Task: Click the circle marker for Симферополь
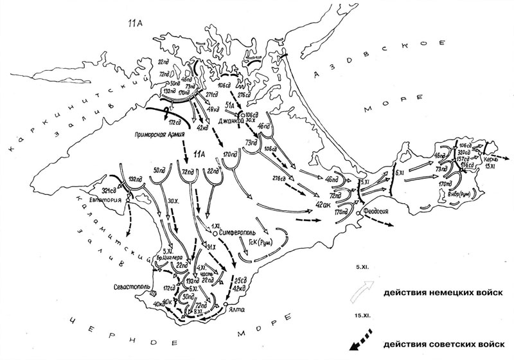216,233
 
